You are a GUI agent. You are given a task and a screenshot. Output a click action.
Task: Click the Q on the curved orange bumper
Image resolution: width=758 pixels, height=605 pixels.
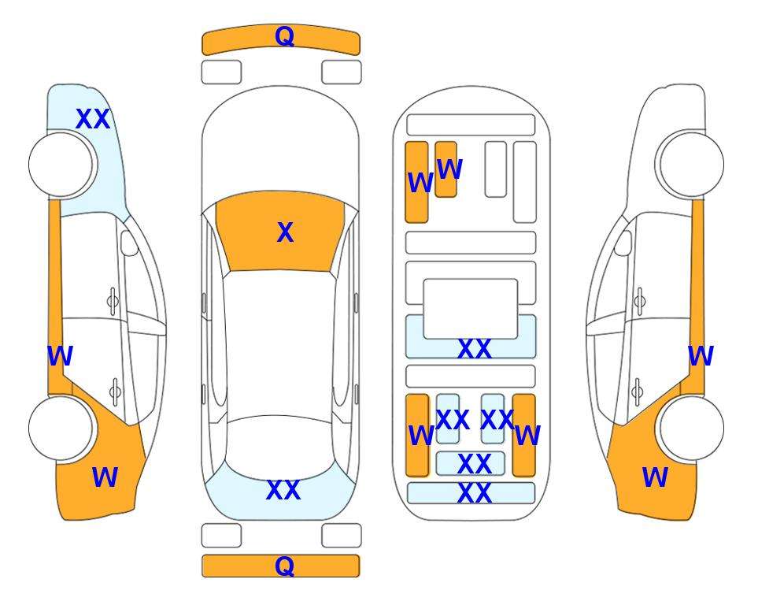pos(284,36)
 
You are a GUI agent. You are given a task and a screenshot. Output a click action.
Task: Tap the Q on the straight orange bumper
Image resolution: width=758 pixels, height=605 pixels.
pos(284,566)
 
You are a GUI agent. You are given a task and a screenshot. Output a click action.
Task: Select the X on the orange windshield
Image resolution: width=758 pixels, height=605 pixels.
pos(285,232)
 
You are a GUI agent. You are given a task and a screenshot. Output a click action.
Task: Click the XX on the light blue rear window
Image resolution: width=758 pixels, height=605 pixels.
pos(283,490)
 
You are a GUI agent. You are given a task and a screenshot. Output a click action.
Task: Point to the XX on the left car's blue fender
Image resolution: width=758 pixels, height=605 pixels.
pos(94,119)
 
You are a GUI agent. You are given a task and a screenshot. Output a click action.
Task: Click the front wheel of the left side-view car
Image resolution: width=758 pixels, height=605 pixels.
pos(61,164)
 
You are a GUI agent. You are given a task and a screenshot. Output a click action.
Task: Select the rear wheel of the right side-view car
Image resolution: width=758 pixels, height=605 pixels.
pos(692,428)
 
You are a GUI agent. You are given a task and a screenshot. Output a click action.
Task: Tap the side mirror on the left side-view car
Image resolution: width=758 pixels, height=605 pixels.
pos(129,243)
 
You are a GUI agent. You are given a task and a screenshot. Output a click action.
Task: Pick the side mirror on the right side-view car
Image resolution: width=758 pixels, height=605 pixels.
pos(623,243)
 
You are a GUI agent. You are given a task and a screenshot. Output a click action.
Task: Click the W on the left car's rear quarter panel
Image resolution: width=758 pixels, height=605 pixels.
pos(105,477)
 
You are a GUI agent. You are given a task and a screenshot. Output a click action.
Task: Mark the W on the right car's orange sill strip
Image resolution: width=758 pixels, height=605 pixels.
pos(701,356)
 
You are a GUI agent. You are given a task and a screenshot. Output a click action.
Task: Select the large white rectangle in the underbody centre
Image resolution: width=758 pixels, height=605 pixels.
pos(471,309)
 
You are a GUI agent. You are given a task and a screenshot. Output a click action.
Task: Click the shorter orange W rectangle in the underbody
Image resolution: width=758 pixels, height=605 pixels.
pos(446,169)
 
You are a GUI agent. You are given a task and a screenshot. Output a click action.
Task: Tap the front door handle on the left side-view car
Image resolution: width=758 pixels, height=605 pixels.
pos(113,302)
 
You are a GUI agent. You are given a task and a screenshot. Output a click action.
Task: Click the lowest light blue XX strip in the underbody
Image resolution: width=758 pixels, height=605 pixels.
pos(471,492)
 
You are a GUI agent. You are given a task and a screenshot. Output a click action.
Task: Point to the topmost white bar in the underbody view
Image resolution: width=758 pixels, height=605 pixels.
pos(471,125)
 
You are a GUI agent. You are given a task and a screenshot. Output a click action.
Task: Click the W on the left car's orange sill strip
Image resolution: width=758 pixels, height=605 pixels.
pos(60,356)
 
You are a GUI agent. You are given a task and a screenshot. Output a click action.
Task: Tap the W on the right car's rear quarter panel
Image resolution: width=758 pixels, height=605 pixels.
pos(655,477)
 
